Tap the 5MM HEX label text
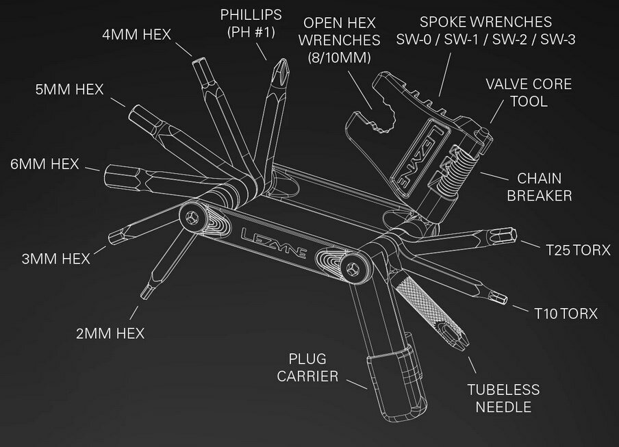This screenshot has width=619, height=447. [70, 90]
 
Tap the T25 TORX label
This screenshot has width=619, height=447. [577, 250]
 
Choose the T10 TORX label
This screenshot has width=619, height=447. [566, 314]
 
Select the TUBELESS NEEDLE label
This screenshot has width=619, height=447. [503, 398]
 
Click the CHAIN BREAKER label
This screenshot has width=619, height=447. [544, 187]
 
